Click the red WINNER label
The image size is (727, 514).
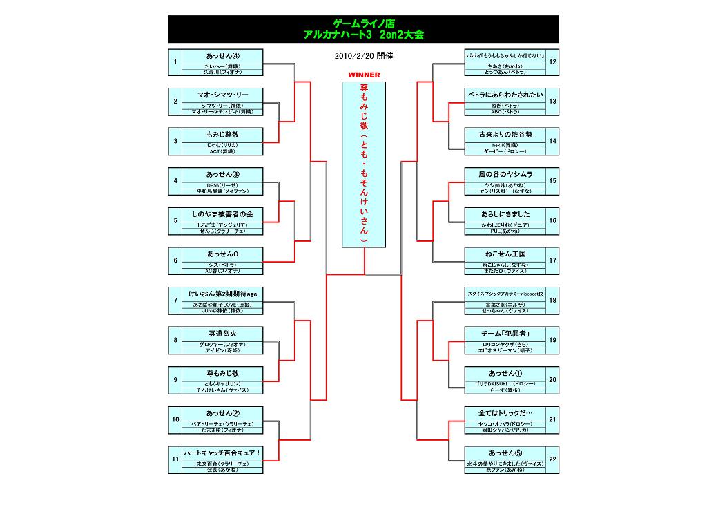(x=364, y=74)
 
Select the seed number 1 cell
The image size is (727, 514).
(x=175, y=62)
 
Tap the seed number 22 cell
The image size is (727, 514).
(x=552, y=459)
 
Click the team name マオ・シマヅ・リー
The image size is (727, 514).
(x=223, y=95)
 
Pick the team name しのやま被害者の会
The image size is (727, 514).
(x=223, y=214)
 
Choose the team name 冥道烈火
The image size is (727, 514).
(x=223, y=334)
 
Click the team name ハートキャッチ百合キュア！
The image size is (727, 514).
(x=223, y=453)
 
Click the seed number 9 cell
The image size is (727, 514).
(x=175, y=380)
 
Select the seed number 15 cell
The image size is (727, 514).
(x=552, y=181)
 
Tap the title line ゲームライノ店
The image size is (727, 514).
(x=364, y=23)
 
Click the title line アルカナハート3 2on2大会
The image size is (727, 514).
(x=364, y=34)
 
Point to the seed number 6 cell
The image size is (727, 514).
(x=175, y=260)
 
